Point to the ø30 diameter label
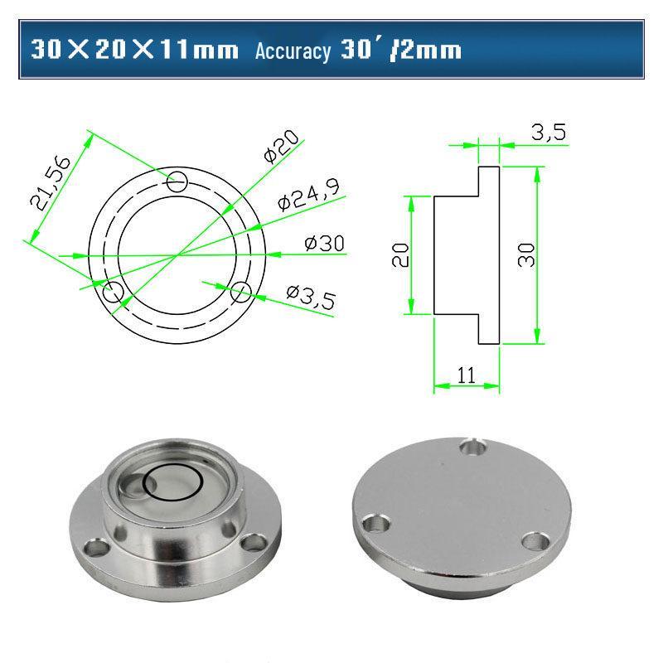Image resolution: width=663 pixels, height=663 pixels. click(324, 244)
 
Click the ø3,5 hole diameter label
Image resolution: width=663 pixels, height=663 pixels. click(310, 296)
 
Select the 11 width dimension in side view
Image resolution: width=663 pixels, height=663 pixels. click(466, 375)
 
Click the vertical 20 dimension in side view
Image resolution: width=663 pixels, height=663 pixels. click(400, 255)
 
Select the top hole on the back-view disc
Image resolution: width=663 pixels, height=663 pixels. click(474, 448)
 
